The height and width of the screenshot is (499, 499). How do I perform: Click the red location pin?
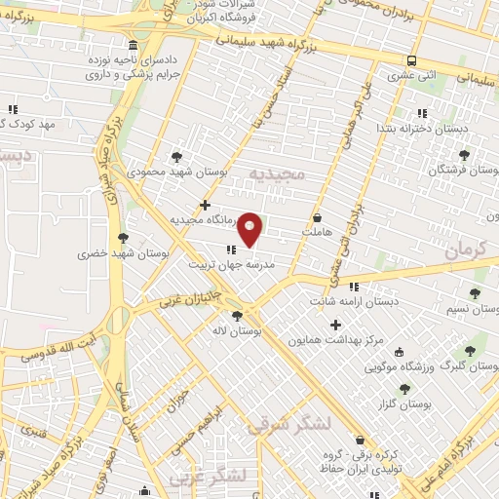tap(250, 228)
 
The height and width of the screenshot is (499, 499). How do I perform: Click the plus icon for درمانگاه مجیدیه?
tap(205, 205)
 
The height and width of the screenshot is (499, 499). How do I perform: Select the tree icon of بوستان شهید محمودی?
tap(175, 156)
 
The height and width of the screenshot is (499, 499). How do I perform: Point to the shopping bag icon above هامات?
tap(317, 218)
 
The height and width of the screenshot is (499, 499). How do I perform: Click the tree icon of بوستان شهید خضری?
tap(123, 237)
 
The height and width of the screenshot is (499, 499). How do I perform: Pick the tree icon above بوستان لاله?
tap(237, 315)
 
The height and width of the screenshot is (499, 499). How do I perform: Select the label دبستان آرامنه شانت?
tap(355, 302)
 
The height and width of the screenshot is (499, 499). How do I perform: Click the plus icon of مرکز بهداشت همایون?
tap(336, 325)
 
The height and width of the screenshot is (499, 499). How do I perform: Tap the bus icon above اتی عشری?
tap(412, 59)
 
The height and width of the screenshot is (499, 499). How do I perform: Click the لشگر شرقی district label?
tap(289, 424)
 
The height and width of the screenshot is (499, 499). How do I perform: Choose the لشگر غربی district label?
tap(207, 477)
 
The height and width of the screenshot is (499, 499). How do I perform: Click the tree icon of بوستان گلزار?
tap(404, 388)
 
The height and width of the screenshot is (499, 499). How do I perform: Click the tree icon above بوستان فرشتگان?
tap(464, 153)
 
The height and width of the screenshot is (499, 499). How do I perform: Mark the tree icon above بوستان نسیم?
tap(475, 293)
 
